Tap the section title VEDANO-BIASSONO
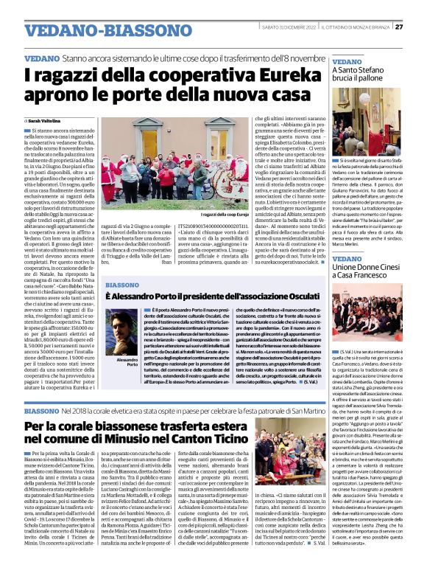pyautogui.click(x=95, y=30)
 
